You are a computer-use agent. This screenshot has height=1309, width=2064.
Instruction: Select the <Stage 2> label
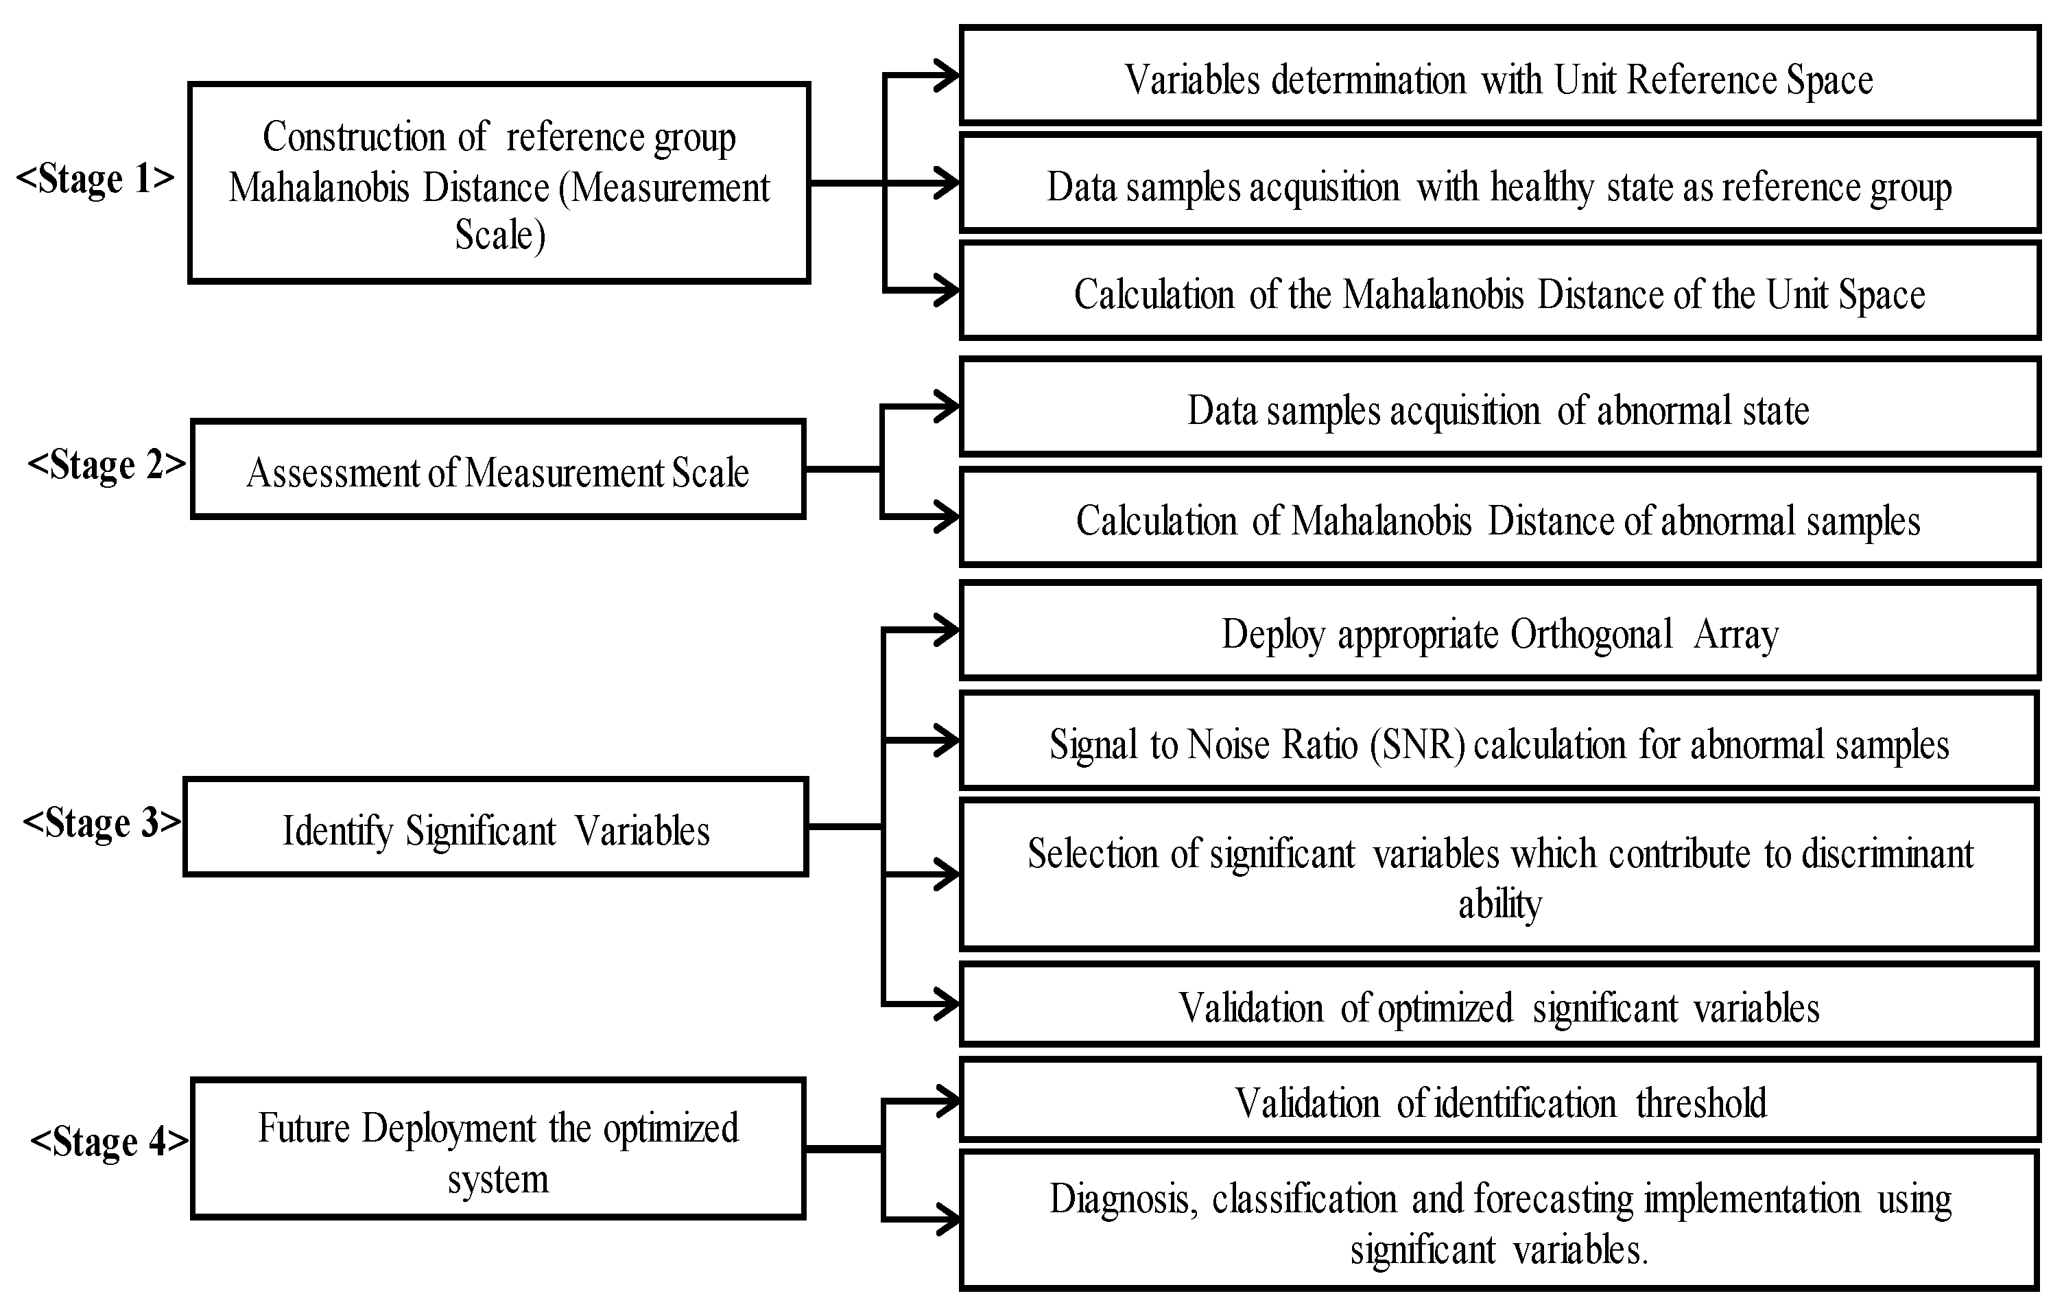(106, 465)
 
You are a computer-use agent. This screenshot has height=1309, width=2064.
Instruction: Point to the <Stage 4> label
(109, 1142)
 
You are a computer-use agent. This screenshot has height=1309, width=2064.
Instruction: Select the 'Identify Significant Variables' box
(495, 828)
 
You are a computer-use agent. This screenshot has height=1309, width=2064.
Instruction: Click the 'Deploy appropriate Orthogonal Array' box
(1499, 632)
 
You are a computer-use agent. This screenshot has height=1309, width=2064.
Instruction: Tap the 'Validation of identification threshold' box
(1499, 1102)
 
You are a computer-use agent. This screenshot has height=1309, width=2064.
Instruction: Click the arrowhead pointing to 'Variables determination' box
(947, 76)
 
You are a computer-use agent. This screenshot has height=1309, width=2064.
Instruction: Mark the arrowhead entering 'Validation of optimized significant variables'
(947, 1004)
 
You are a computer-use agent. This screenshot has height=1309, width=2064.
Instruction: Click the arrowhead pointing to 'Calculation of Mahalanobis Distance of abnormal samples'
(947, 517)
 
